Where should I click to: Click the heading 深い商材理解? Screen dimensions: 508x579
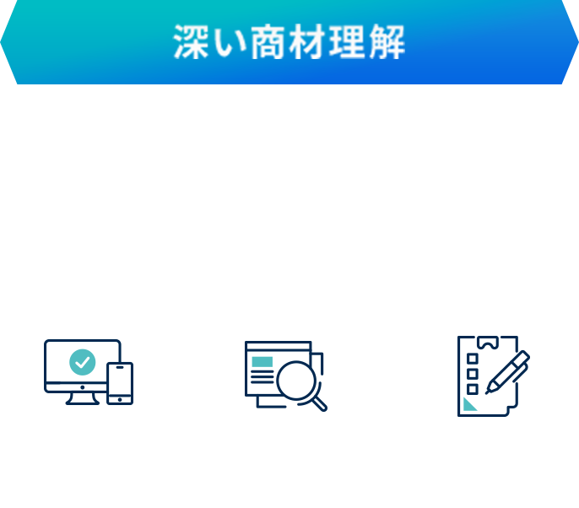coord(289,42)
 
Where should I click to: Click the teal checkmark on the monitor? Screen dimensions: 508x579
coord(82,361)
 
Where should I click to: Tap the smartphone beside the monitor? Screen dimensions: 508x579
coord(120,383)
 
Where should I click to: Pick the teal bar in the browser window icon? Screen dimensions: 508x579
coord(262,361)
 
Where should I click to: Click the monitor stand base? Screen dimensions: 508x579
coord(82,401)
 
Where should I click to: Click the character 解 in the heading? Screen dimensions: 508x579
coord(387,43)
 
